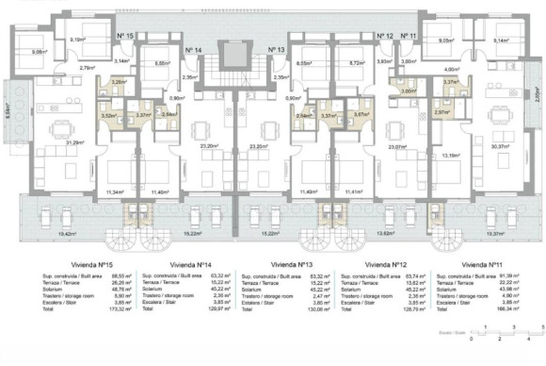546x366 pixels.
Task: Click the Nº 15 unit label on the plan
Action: (x=127, y=35)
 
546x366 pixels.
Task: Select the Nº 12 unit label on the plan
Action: (x=384, y=36)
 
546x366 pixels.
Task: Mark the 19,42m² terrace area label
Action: (x=66, y=231)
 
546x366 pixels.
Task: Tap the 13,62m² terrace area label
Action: (x=385, y=231)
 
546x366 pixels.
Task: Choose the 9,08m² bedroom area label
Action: (x=40, y=52)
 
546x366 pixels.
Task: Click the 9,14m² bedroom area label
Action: (x=502, y=40)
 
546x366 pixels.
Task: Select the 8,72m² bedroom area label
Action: (x=357, y=63)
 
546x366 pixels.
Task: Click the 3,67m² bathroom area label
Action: (x=360, y=114)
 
